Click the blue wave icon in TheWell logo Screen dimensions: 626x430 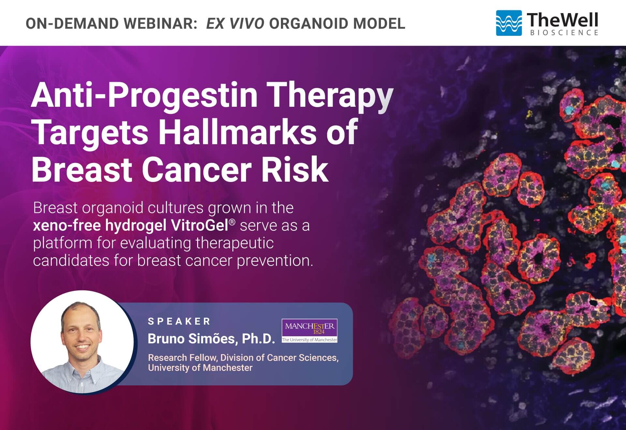tap(509, 23)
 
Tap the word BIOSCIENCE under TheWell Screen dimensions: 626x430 tap(564, 33)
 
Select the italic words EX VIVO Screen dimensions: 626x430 tap(235, 23)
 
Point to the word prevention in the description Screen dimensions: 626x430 tap(275, 261)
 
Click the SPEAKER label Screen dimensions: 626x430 tap(179, 321)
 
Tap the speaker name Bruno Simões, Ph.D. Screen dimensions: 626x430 tap(211, 339)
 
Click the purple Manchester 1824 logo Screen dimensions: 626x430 tap(310, 330)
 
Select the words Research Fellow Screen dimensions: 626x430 tap(182, 357)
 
